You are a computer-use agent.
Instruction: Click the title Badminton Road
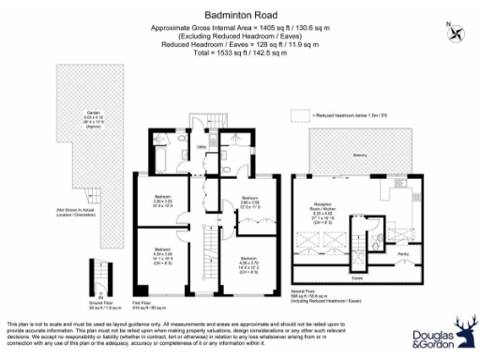pyautogui.click(x=239, y=16)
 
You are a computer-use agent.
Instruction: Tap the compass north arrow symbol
pyautogui.click(x=456, y=33)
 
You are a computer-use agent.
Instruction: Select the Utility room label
pyautogui.click(x=201, y=147)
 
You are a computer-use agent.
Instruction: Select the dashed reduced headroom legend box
pyautogui.click(x=299, y=114)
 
